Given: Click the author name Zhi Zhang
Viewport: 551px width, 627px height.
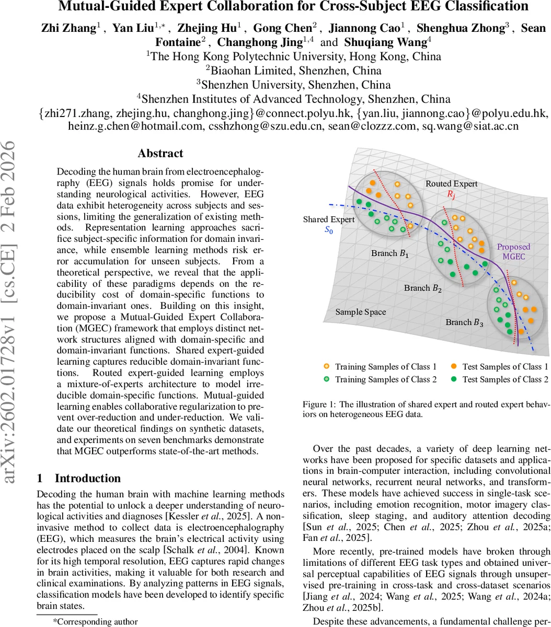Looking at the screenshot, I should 68,28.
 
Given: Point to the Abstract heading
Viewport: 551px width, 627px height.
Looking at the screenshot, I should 160,153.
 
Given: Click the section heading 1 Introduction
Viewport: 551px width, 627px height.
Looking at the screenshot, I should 79,478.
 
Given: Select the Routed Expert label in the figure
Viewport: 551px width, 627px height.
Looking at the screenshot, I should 451,183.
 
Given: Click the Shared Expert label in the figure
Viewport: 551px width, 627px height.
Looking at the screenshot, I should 328,219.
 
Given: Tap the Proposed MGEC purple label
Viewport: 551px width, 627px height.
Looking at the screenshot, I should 513,251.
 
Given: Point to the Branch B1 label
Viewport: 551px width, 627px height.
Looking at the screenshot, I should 390,253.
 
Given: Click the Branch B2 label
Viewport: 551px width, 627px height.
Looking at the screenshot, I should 422,288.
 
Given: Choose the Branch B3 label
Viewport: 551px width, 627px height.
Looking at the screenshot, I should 464,322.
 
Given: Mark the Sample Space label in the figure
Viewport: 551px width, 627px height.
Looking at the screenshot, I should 360,312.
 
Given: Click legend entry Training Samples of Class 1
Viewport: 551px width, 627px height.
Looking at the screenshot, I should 385,367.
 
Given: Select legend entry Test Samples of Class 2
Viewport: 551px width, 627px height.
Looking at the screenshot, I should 505,379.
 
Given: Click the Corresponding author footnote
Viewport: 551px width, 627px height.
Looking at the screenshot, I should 95,621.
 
